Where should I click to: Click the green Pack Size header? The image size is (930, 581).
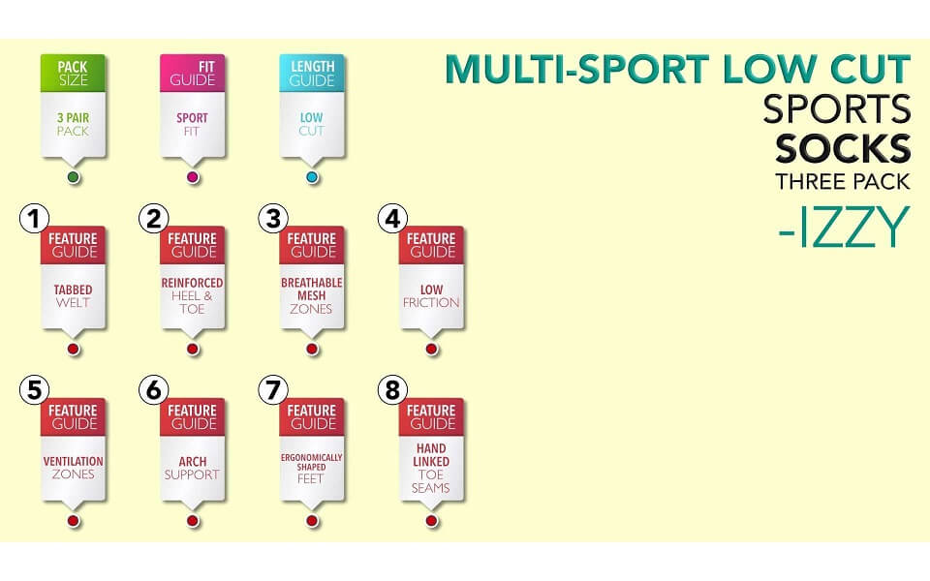[x=73, y=74]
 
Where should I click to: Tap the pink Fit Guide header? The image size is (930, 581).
[x=192, y=74]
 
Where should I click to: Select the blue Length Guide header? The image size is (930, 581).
[x=312, y=74]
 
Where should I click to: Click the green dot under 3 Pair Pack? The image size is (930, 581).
[x=74, y=177]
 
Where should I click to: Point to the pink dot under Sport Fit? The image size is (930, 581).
[x=193, y=177]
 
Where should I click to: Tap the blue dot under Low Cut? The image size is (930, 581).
[x=313, y=177]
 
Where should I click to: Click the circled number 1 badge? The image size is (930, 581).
[x=35, y=219]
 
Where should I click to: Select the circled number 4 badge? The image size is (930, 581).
[x=392, y=219]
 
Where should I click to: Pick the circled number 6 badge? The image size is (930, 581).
[x=154, y=390]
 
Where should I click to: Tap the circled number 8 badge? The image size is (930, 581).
[x=392, y=390]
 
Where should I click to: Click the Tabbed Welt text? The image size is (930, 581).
[x=73, y=296]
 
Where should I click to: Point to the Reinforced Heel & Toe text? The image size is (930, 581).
[x=192, y=296]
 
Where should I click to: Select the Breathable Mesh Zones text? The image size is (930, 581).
[x=311, y=296]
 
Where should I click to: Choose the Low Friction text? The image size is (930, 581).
[x=431, y=296]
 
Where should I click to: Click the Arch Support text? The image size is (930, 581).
[x=192, y=468]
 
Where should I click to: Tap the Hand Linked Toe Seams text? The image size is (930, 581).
[x=430, y=468]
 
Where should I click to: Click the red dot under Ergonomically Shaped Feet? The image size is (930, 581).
[x=313, y=521]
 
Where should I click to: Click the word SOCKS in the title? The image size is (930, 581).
[x=843, y=149]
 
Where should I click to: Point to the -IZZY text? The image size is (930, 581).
[x=844, y=227]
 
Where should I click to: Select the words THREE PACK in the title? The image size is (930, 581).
[x=842, y=181]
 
